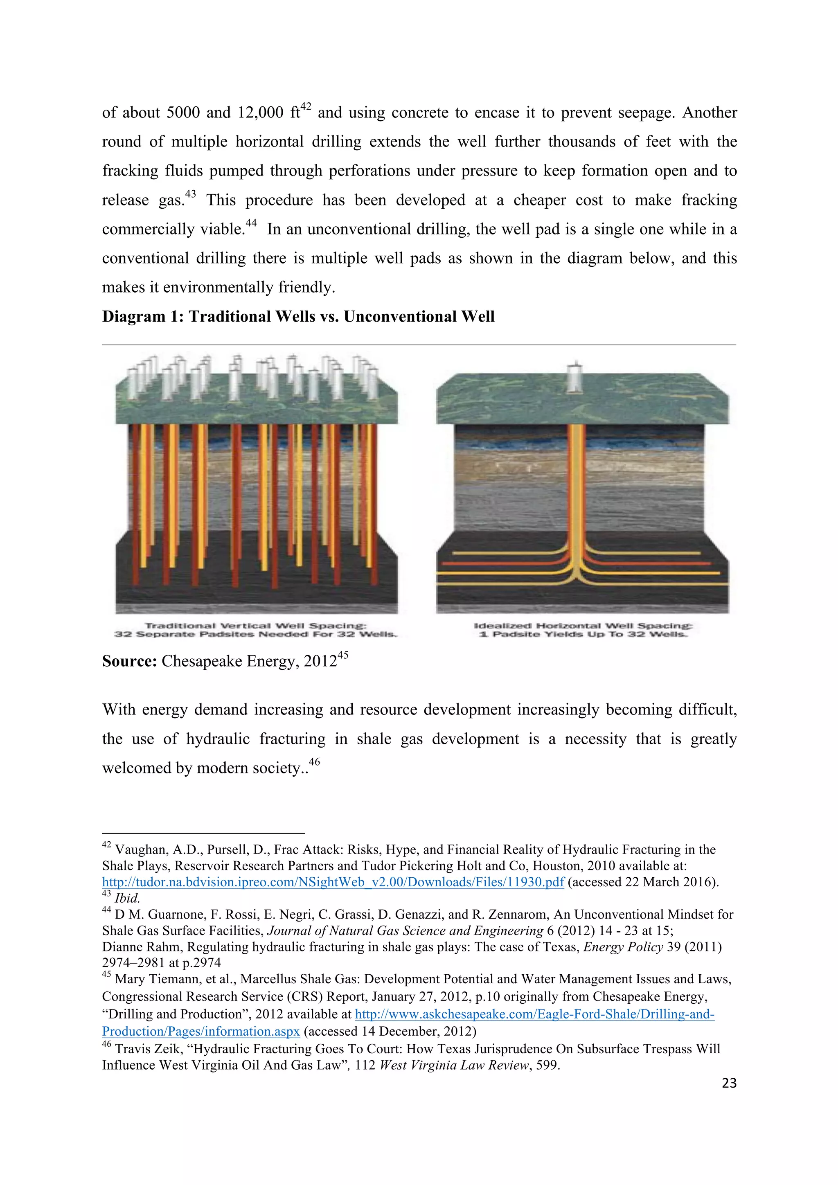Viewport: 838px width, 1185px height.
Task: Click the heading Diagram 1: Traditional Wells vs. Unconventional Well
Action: pyautogui.click(x=298, y=316)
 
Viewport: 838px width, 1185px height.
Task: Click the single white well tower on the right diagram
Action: pyautogui.click(x=574, y=378)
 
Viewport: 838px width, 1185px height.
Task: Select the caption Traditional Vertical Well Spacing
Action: pyautogui.click(x=255, y=626)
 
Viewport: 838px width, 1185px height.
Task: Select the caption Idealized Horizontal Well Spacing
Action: pyautogui.click(x=583, y=626)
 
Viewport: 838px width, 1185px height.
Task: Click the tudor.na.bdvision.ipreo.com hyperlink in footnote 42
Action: pyautogui.click(x=333, y=882)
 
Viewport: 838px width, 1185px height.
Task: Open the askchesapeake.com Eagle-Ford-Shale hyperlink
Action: pyautogui.click(x=534, y=1014)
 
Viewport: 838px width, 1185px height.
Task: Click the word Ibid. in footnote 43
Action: pyautogui.click(x=127, y=899)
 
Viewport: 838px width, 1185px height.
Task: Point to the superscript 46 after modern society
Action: pyautogui.click(x=314, y=762)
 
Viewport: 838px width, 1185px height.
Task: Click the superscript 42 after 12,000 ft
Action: pyautogui.click(x=306, y=107)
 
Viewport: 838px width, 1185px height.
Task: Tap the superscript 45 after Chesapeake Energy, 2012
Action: pyautogui.click(x=342, y=655)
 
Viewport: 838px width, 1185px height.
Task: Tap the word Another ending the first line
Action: pyautogui.click(x=710, y=113)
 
